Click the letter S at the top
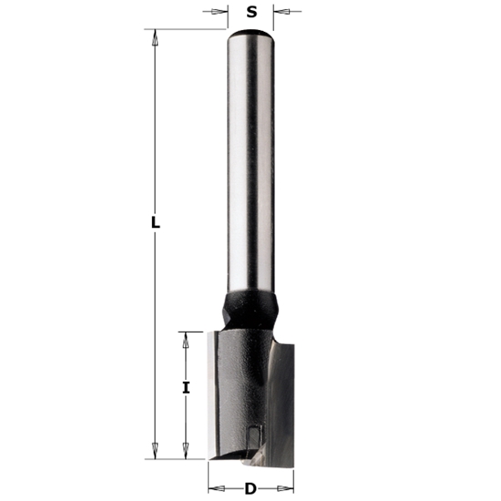[251, 12]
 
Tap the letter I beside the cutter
[186, 388]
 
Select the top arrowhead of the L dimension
[156, 38]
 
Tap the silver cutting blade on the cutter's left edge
[215, 392]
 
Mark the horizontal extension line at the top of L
[187, 30]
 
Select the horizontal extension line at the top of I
[196, 331]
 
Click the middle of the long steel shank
[250, 164]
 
